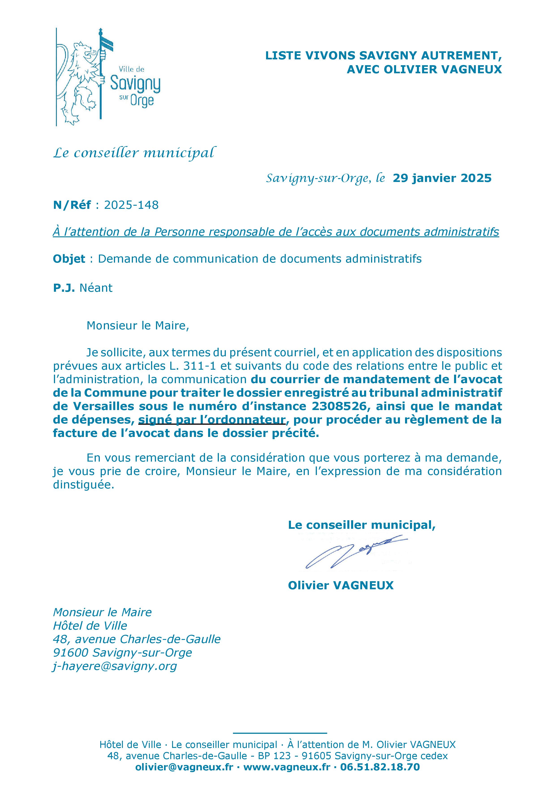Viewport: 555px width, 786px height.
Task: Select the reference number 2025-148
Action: [131, 205]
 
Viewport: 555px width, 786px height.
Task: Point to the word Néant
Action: [96, 288]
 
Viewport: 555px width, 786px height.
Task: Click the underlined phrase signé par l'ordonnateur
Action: [212, 420]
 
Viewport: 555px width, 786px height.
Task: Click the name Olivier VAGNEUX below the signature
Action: [341, 585]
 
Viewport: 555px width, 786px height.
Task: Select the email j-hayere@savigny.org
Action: [115, 666]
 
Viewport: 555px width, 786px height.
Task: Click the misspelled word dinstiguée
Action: [83, 485]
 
